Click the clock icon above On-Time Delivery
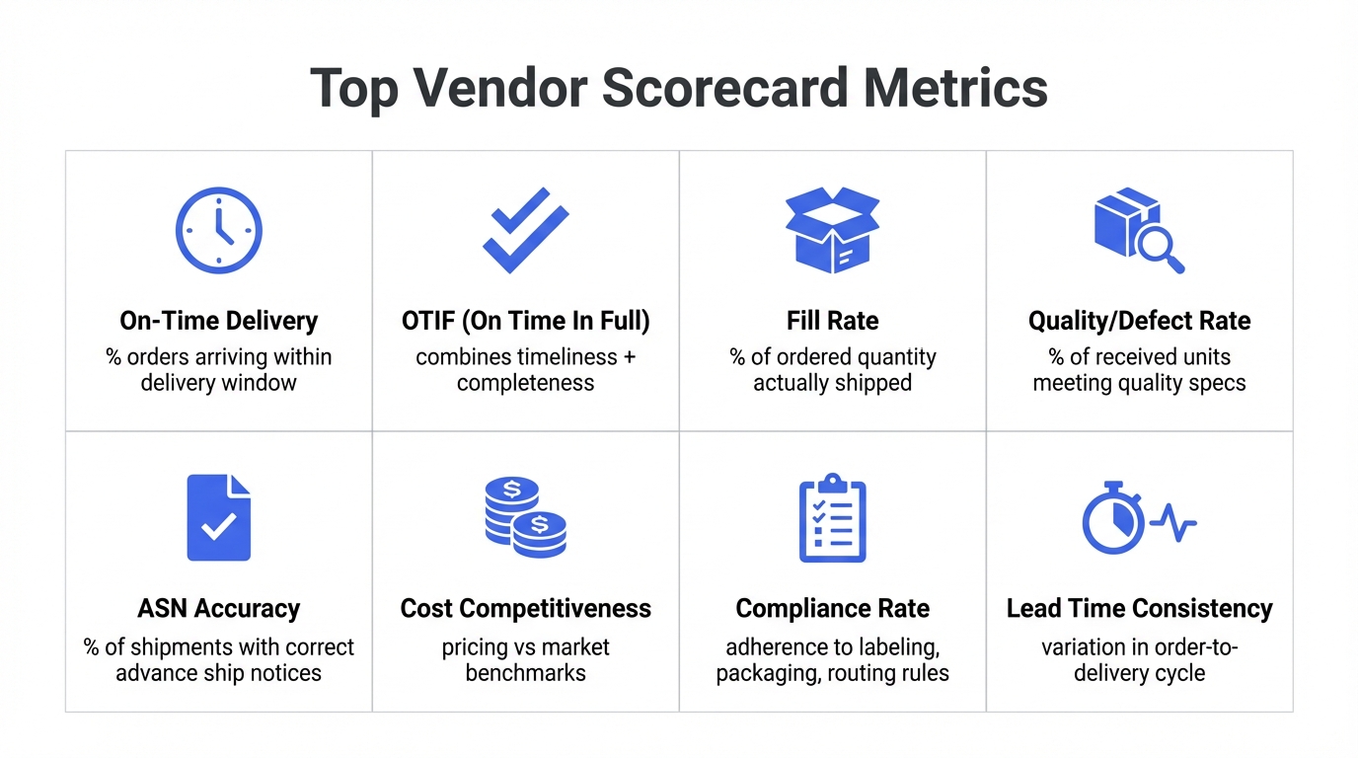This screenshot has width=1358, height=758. click(218, 230)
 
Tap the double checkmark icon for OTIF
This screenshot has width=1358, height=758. click(525, 230)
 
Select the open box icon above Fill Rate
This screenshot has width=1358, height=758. click(832, 230)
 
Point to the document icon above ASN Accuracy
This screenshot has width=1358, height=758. click(218, 517)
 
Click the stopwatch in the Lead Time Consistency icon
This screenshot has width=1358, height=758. click(1112, 519)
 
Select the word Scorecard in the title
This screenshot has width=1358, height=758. click(723, 88)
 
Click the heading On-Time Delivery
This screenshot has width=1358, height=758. click(218, 321)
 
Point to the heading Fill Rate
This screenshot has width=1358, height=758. click(832, 321)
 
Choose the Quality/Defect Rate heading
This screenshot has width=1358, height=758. click(1139, 321)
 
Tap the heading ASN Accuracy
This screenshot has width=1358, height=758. click(218, 608)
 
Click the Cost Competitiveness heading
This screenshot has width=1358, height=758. click(525, 608)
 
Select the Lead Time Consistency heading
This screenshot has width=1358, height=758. click(1139, 608)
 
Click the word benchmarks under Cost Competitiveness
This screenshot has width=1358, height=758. click(525, 673)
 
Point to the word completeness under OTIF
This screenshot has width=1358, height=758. click(525, 383)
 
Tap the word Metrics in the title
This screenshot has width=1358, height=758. click(954, 88)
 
